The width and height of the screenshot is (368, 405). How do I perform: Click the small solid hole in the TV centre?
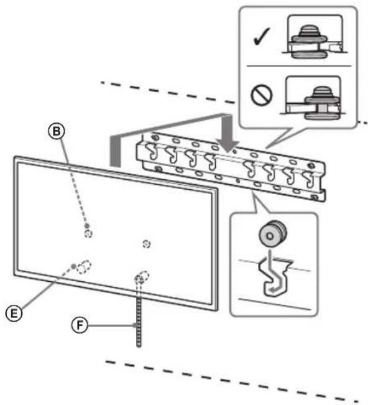tap(145, 243)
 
